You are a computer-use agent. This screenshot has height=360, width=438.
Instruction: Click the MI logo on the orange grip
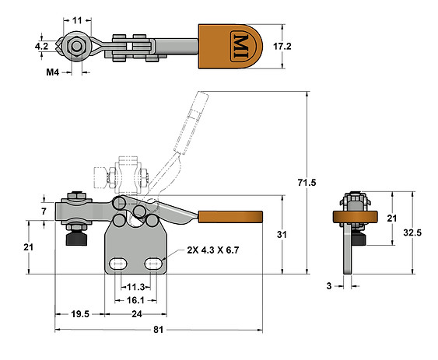240,45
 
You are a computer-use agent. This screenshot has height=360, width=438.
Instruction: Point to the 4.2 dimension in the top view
42,47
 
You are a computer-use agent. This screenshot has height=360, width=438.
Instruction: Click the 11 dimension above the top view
77,19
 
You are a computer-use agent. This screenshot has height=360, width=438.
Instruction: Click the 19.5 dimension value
79,314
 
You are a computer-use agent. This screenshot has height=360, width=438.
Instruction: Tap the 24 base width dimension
136,314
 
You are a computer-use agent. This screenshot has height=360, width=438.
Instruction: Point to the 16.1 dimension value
136,299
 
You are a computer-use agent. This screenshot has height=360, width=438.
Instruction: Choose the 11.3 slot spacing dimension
136,285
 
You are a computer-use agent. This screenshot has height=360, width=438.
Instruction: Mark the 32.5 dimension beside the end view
425,232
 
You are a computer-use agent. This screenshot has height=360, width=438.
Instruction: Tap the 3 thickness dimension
329,286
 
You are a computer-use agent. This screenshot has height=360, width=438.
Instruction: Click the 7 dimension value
44,211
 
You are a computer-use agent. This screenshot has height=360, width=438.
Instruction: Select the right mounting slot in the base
154,263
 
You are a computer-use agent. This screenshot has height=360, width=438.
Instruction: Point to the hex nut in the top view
77,45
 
